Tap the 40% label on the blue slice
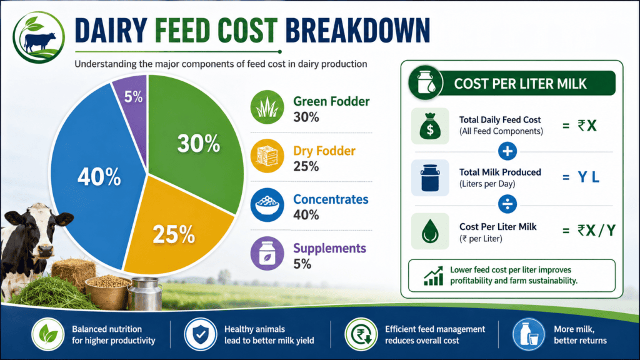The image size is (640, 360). click(x=99, y=177)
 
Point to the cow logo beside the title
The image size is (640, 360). click(x=39, y=37)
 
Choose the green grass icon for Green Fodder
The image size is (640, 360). click(x=267, y=107)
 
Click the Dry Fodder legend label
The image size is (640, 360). click(x=324, y=151)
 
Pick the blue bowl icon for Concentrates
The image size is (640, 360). click(x=267, y=205)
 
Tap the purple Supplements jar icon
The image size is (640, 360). click(x=267, y=254)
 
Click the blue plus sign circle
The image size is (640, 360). click(x=507, y=151)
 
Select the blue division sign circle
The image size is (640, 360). click(x=507, y=204)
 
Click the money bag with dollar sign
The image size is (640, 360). click(x=430, y=126)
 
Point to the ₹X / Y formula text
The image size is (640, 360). click(x=596, y=231)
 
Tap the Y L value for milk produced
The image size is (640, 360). click(x=589, y=177)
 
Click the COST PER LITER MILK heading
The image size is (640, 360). click(x=520, y=84)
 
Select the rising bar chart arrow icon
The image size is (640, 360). click(x=433, y=276)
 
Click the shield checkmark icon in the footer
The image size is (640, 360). click(x=200, y=334)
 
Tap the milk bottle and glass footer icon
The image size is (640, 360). click(x=529, y=334)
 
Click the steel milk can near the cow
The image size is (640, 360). click(x=145, y=294)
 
